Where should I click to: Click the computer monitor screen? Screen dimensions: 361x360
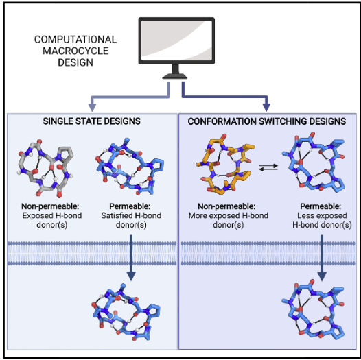[176, 40]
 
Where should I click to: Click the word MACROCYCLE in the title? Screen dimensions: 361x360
[75, 51]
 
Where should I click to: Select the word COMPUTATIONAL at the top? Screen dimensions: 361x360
[75, 39]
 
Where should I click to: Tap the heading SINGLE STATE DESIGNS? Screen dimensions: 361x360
[92, 121]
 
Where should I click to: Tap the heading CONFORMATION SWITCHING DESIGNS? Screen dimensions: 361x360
[267, 121]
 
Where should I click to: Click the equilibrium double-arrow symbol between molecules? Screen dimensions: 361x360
[268, 167]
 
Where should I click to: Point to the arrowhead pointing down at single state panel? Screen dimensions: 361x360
[92, 107]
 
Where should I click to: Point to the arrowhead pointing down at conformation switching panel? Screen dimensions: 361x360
[266, 107]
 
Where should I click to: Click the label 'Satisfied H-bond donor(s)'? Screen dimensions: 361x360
[131, 220]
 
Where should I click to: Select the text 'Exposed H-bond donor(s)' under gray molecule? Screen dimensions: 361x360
[51, 220]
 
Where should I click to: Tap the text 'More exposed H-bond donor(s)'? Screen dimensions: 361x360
[228, 220]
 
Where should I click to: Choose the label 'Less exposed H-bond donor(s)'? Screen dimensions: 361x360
[322, 220]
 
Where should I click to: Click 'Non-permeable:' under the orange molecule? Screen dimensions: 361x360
[226, 206]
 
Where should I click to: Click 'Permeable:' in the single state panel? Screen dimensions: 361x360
[130, 206]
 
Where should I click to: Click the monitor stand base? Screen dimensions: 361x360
[175, 76]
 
